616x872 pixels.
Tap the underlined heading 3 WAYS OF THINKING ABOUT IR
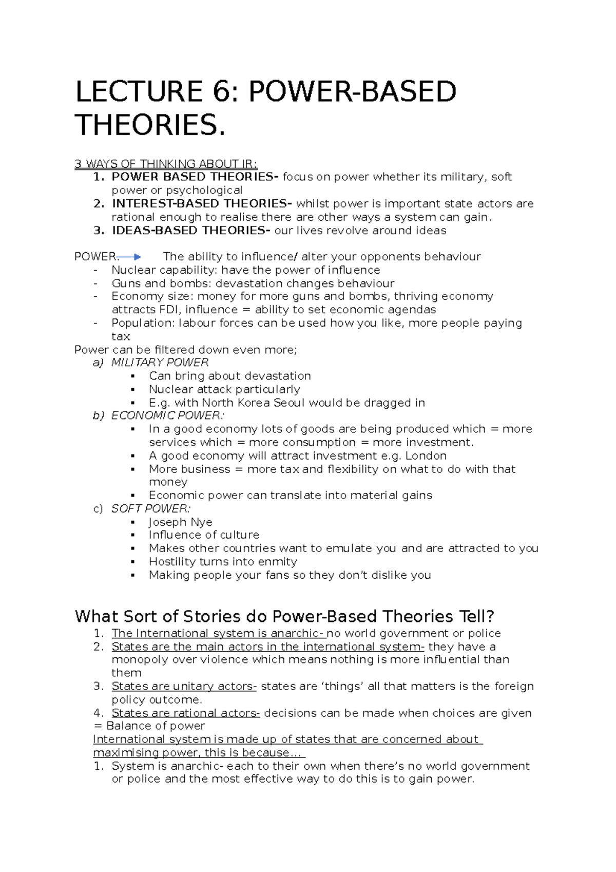166,164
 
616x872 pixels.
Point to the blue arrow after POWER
129,257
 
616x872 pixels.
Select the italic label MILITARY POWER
160,363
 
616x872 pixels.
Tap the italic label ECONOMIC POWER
167,415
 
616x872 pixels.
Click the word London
426,456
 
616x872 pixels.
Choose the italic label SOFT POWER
150,509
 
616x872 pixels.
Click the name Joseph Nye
180,522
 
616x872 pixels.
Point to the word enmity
278,562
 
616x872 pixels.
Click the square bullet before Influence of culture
133,535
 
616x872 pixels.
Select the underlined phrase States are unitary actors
184,687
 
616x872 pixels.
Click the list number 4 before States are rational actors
98,713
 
